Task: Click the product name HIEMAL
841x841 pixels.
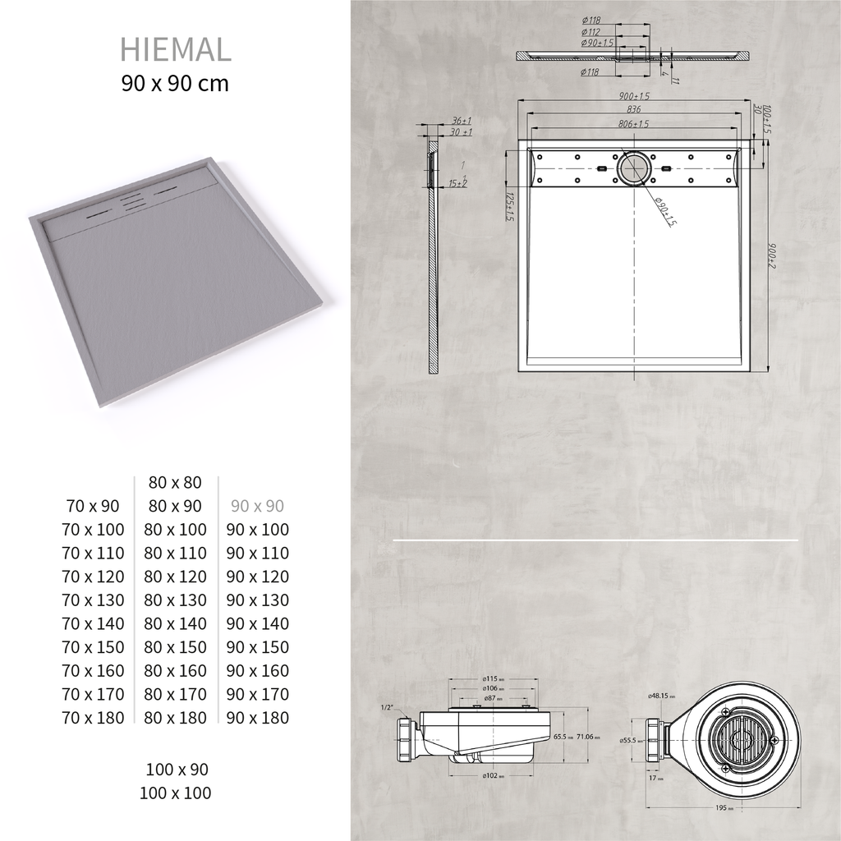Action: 175,49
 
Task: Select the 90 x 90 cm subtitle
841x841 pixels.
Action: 175,83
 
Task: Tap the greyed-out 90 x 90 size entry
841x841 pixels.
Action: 257,506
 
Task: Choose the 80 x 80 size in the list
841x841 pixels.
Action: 175,483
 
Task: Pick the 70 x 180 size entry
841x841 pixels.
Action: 93,718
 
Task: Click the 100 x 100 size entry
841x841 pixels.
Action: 178,793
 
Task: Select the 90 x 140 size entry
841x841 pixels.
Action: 257,624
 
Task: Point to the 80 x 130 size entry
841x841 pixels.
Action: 175,600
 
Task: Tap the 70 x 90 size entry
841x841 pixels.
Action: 93,506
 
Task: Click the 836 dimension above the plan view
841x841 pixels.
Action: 633,109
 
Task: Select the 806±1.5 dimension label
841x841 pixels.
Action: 633,124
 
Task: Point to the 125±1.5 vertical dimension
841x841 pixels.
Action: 510,208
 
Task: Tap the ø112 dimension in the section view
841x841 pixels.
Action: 591,32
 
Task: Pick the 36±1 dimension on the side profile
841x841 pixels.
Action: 462,121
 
